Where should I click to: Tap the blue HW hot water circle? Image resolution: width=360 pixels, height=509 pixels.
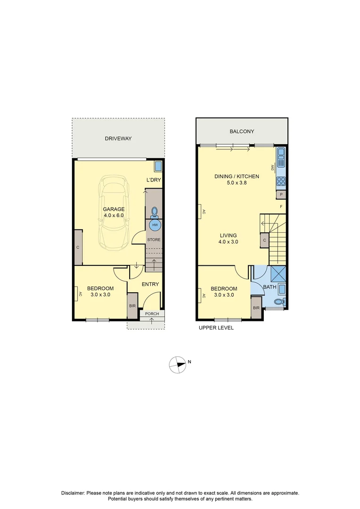tap(154, 225)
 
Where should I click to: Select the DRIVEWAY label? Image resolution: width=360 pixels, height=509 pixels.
tap(118, 139)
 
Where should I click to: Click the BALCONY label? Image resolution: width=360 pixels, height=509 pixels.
tap(242, 132)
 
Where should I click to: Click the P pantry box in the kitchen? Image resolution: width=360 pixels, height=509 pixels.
tap(281, 194)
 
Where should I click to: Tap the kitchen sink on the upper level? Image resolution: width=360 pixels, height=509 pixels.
tap(281, 156)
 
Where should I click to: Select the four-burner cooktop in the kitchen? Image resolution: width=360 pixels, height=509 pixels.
tap(281, 181)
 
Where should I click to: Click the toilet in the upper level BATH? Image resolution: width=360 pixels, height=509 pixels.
tap(279, 302)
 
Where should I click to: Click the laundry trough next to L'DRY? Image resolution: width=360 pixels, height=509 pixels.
tap(159, 166)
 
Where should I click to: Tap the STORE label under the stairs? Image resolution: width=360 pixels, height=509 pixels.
tap(154, 240)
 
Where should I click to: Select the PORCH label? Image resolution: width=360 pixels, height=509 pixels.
tap(152, 314)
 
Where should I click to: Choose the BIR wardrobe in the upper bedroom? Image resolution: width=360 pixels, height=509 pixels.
tap(256, 308)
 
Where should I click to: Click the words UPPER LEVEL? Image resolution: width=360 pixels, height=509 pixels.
tap(216, 328)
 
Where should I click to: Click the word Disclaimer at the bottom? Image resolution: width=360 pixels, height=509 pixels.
tap(73, 493)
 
